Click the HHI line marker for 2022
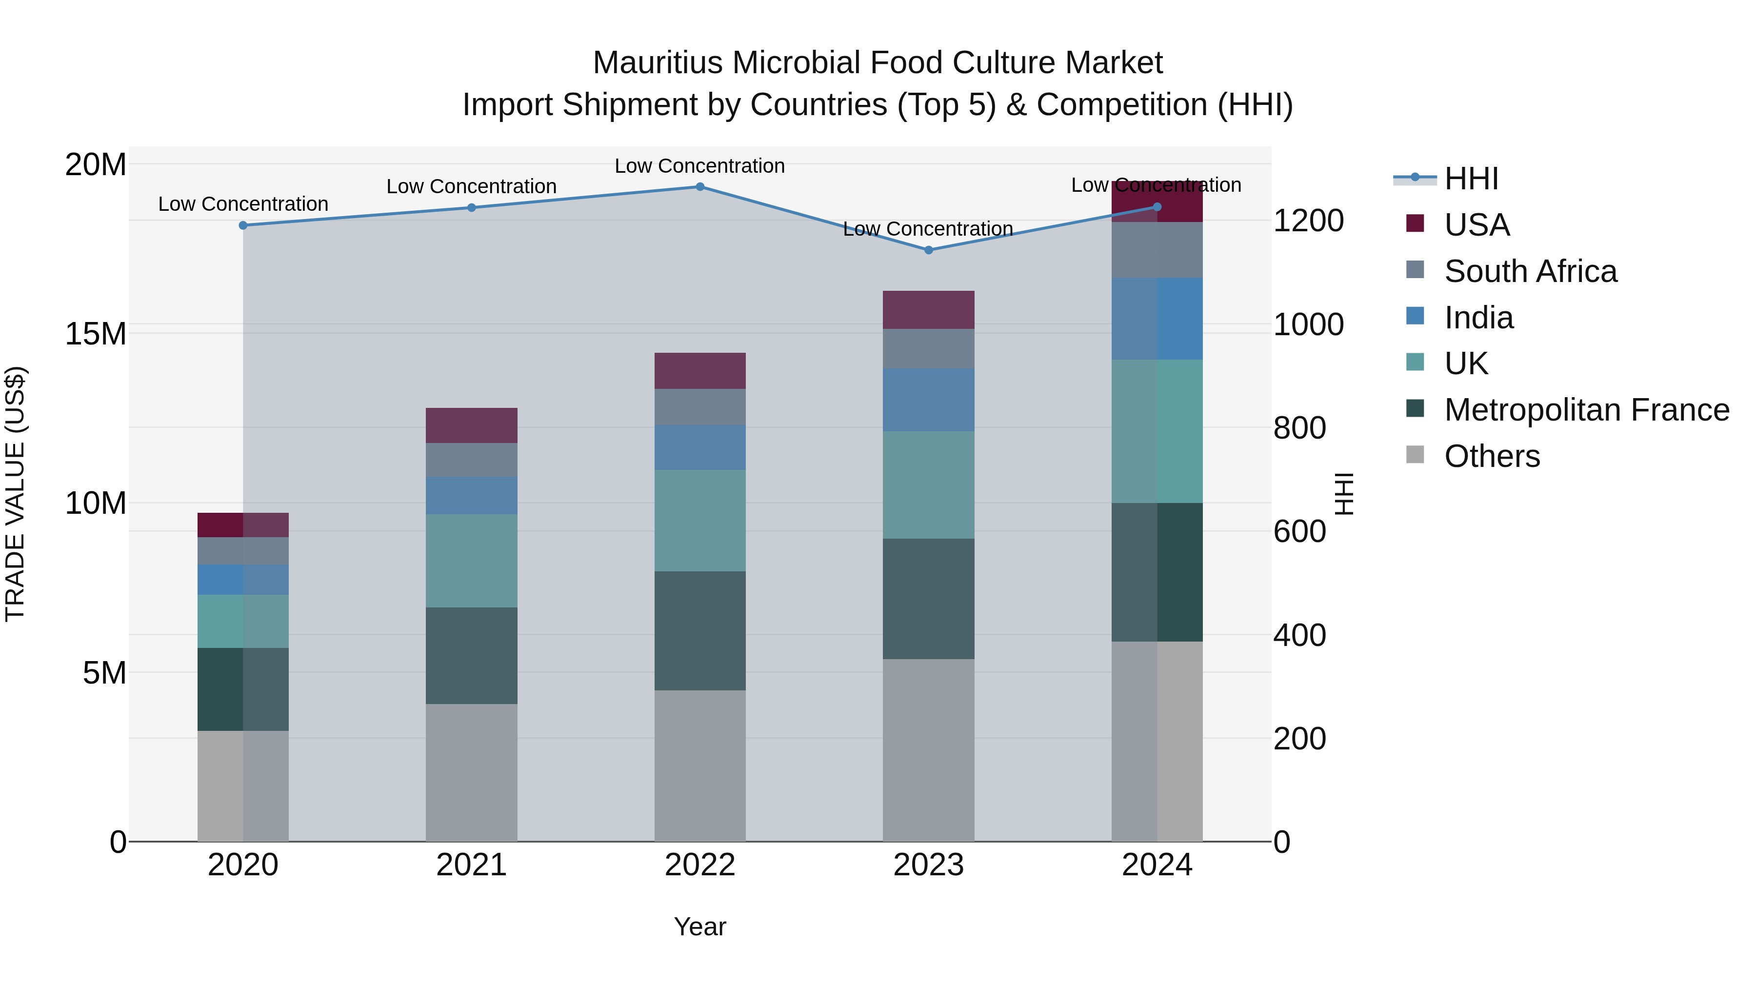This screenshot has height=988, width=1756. [699, 186]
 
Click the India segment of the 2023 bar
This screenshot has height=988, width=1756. [928, 400]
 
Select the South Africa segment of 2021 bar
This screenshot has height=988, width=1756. [471, 460]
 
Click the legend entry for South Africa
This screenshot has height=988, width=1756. [1530, 271]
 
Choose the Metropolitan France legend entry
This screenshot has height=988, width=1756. [1586, 410]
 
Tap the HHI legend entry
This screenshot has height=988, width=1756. [1471, 179]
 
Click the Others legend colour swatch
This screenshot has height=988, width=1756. [1415, 455]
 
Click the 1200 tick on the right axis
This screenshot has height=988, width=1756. [1307, 221]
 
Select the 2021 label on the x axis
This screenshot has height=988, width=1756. [471, 865]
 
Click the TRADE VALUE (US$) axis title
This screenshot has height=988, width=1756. [15, 494]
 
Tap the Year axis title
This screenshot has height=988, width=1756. [699, 927]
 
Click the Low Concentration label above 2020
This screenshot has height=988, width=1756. [243, 204]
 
